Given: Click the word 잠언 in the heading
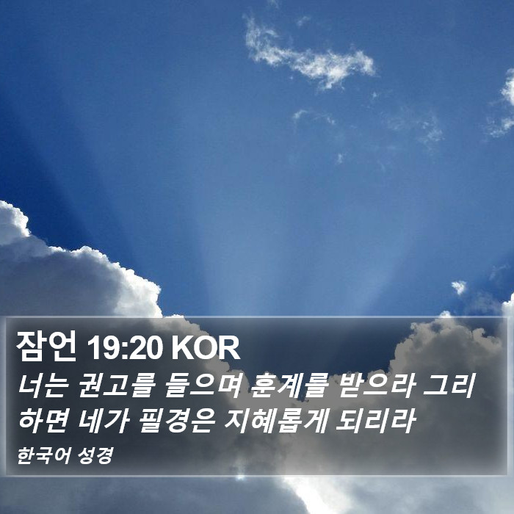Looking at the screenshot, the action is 46,346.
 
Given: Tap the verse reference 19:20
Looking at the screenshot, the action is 125,348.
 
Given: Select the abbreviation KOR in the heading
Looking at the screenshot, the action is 206,348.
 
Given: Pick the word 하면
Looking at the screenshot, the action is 43,421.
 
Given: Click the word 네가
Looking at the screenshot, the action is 103,421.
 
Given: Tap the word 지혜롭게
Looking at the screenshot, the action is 276,421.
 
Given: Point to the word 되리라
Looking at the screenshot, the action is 376,421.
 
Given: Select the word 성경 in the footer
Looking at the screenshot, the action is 95,456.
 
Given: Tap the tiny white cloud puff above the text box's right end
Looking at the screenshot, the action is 459,287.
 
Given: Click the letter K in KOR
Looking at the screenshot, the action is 182,348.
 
